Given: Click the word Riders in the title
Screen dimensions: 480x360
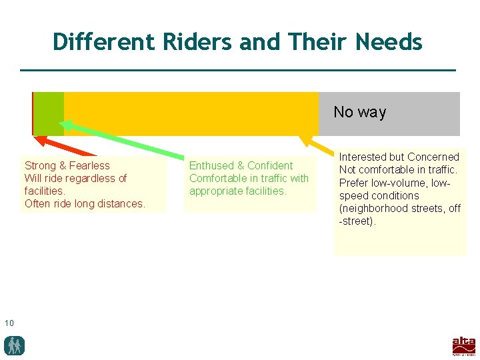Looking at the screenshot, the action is [x=189, y=42].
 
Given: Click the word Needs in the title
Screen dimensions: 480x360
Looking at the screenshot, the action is [x=389, y=42].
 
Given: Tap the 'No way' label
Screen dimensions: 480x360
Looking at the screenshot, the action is [x=359, y=112].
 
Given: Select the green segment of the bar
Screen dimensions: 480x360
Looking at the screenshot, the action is [x=49, y=113].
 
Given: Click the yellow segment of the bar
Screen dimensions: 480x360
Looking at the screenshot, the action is [x=190, y=113].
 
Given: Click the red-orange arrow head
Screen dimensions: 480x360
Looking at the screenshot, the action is [x=39, y=141].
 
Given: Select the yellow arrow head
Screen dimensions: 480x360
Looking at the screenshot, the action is [x=306, y=139].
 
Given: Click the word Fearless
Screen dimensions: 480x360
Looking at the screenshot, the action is [x=89, y=165].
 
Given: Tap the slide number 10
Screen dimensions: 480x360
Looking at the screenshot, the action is [x=9, y=323].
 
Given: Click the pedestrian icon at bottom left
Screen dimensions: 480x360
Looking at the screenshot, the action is [x=14, y=345].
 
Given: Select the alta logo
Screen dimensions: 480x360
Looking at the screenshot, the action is [x=464, y=346].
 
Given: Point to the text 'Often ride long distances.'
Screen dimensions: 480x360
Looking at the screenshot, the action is [x=85, y=203].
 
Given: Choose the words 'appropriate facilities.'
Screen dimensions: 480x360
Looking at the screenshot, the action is [x=237, y=191].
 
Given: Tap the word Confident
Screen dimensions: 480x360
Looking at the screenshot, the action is [x=270, y=165].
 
